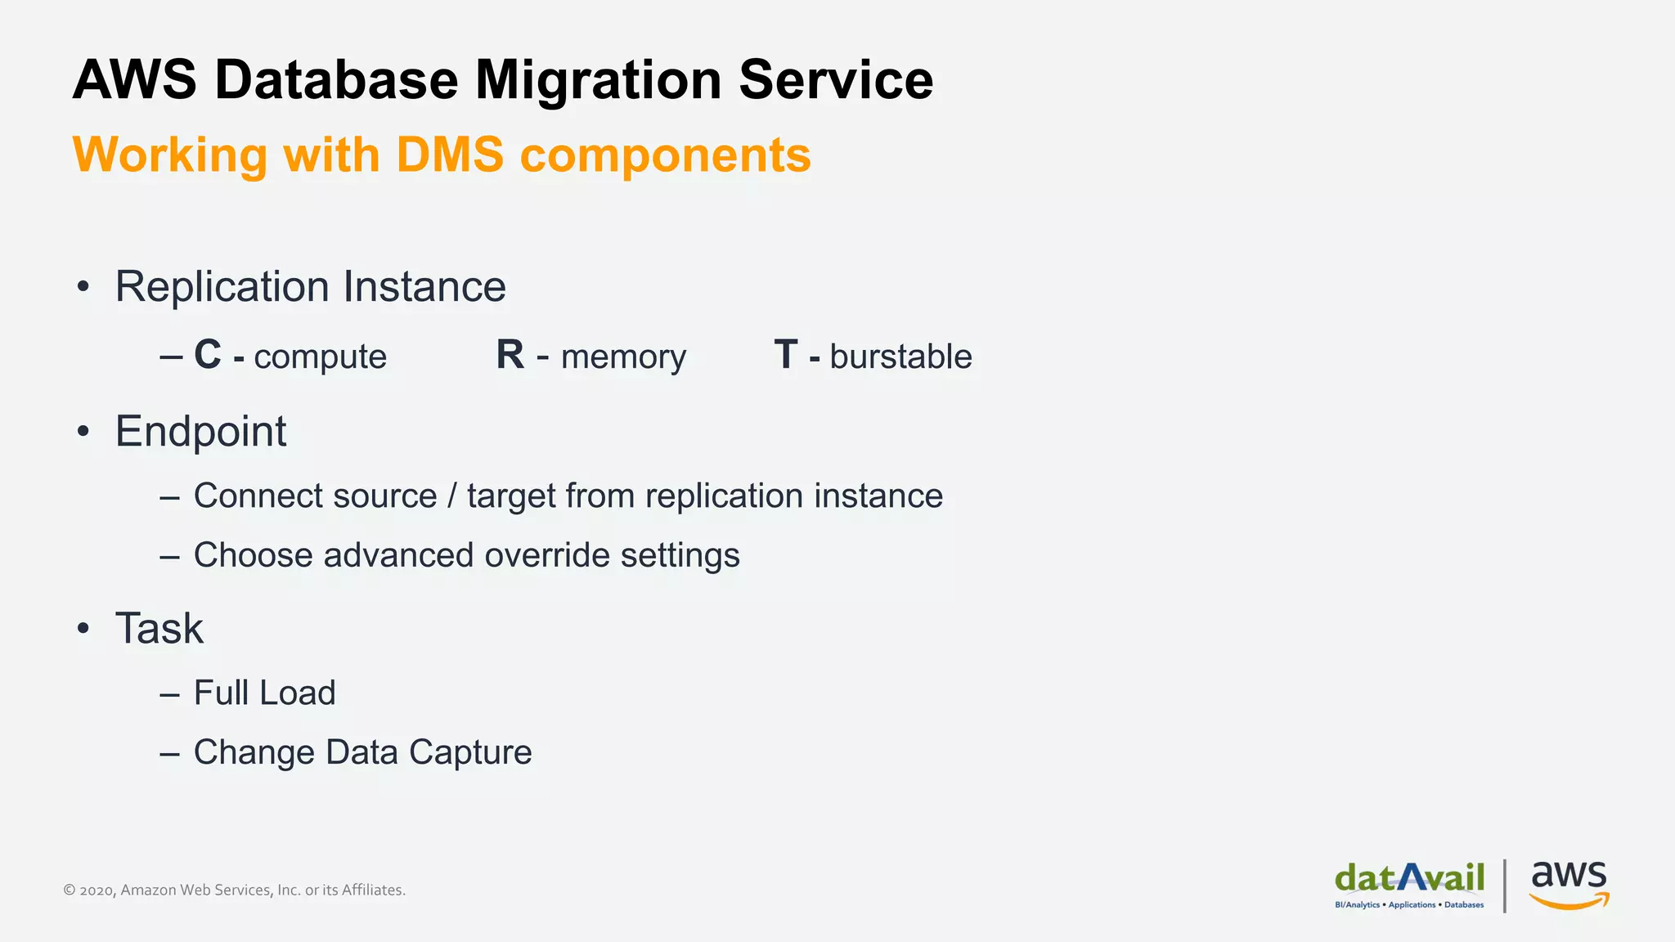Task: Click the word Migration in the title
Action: tap(598, 80)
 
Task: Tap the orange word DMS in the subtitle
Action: tap(450, 155)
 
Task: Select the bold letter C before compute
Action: tap(208, 355)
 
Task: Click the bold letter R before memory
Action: tap(510, 355)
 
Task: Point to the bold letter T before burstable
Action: tap(786, 355)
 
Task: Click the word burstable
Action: tap(900, 357)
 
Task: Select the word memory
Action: tap(623, 357)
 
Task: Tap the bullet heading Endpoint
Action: tap(200, 431)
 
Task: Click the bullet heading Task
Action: tap(159, 628)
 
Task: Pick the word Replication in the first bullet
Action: tap(222, 287)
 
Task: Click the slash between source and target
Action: tap(452, 496)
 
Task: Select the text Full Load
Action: tap(264, 693)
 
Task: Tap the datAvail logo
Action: tap(1409, 883)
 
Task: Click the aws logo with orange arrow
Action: tap(1569, 883)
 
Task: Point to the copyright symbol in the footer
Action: tap(70, 890)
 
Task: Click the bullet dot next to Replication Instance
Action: tap(83, 287)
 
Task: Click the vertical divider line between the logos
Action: tap(1505, 886)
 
